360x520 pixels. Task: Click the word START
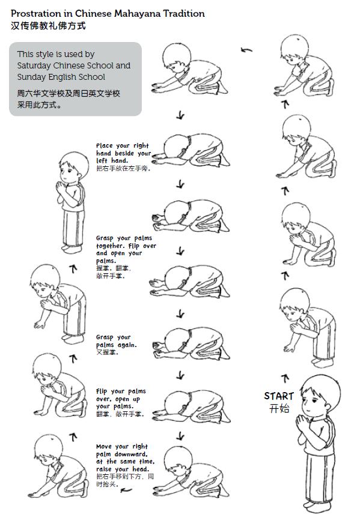pyautogui.click(x=279, y=396)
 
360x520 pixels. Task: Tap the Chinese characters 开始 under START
pyautogui.click(x=279, y=408)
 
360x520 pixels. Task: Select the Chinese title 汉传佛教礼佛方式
pyautogui.click(x=49, y=26)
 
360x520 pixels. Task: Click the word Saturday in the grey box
pyautogui.click(x=34, y=65)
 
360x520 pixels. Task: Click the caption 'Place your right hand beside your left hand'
pyautogui.click(x=123, y=157)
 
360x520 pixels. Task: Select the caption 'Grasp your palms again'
pyautogui.click(x=117, y=345)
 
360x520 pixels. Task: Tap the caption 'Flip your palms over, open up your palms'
pyautogui.click(x=121, y=402)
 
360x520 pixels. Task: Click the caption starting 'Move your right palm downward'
pyautogui.click(x=125, y=465)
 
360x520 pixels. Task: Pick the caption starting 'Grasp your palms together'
pyautogui.click(x=126, y=256)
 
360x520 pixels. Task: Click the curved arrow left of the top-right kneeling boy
pyautogui.click(x=246, y=50)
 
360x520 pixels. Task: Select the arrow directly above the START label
pyautogui.click(x=285, y=378)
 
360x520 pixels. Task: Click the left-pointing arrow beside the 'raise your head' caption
pyautogui.click(x=126, y=490)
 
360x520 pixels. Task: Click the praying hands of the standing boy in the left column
pyautogui.click(x=61, y=189)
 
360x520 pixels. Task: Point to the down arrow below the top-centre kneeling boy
pyautogui.click(x=180, y=115)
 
